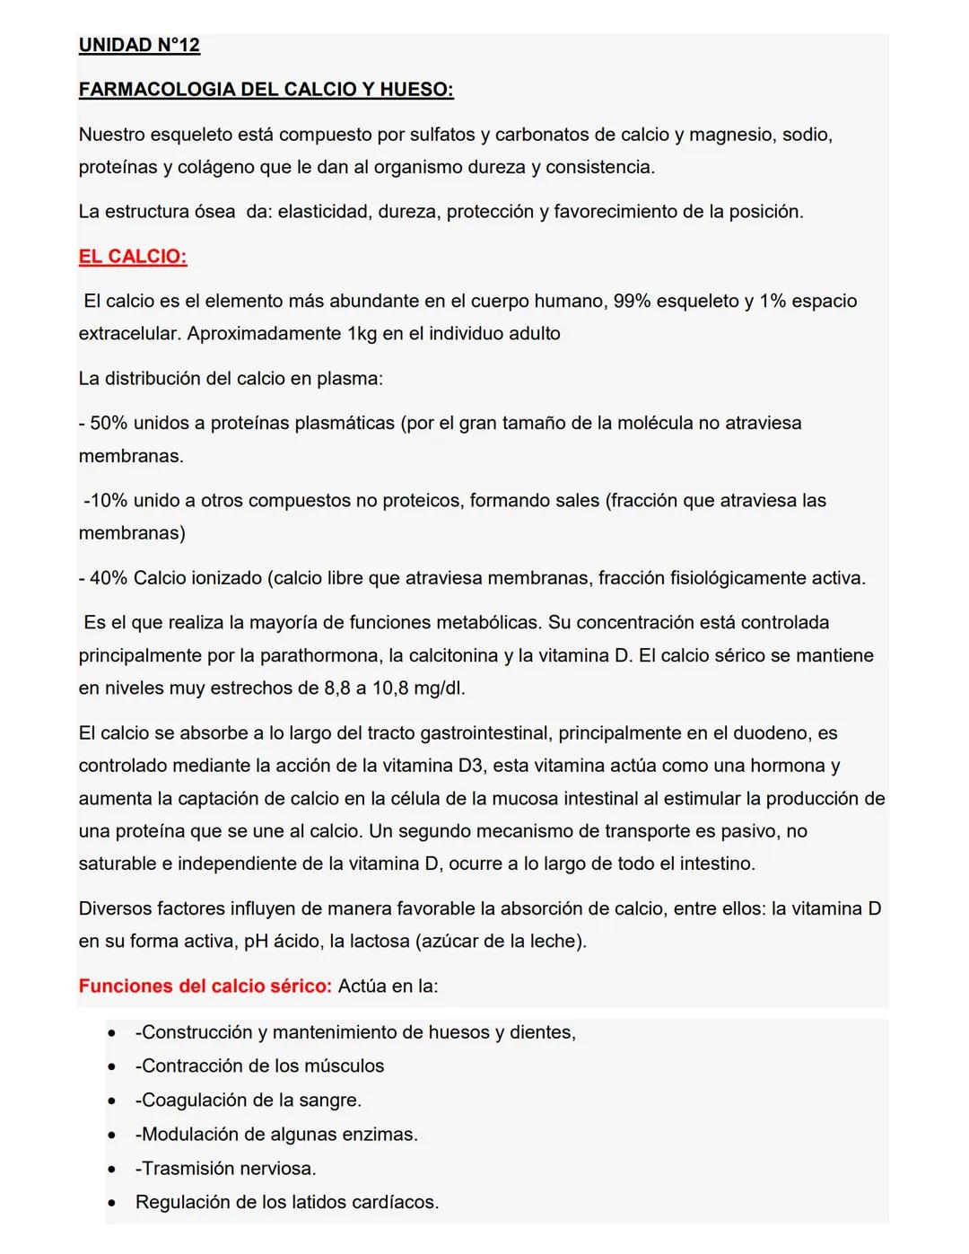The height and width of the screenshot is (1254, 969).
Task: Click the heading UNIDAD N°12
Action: pyautogui.click(x=139, y=45)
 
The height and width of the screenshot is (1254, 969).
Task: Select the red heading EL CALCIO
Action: pyautogui.click(x=132, y=257)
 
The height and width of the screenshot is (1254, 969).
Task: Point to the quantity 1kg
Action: pyautogui.click(x=367, y=334)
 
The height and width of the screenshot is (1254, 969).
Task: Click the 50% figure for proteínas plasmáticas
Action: pyautogui.click(x=109, y=423)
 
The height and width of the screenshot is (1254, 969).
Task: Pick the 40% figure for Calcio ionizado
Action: pyautogui.click(x=109, y=578)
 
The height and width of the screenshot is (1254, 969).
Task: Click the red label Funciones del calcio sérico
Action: pyautogui.click(x=205, y=986)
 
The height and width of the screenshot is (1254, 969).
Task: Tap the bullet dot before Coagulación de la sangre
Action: pyautogui.click(x=111, y=1101)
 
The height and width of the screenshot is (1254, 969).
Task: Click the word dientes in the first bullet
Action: pyautogui.click(x=541, y=1032)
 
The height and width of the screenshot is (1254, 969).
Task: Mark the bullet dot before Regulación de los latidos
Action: pyautogui.click(x=111, y=1203)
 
